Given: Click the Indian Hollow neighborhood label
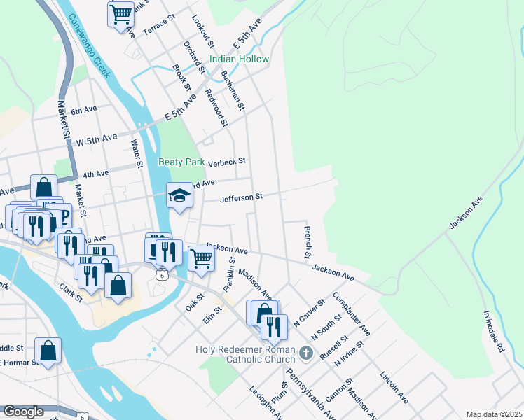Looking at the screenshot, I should [239, 59].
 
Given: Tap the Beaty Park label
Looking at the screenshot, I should [181, 162].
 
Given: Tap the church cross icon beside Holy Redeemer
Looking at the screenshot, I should [305, 352].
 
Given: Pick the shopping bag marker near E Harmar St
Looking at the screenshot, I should [48, 351].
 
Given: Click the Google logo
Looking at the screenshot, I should [23, 412].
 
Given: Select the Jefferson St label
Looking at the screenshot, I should [241, 198].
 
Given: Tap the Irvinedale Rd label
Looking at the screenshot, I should [495, 332].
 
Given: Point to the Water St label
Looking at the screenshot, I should [137, 154].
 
